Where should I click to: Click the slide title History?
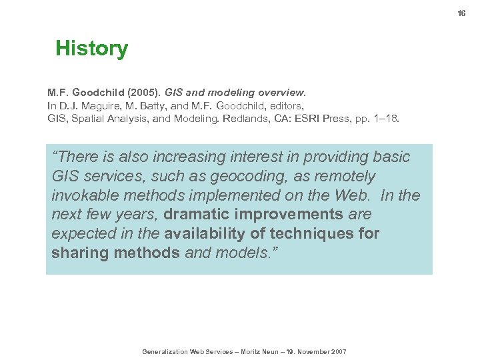point(91,49)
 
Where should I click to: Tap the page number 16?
point(461,13)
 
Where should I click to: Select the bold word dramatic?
point(197,215)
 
